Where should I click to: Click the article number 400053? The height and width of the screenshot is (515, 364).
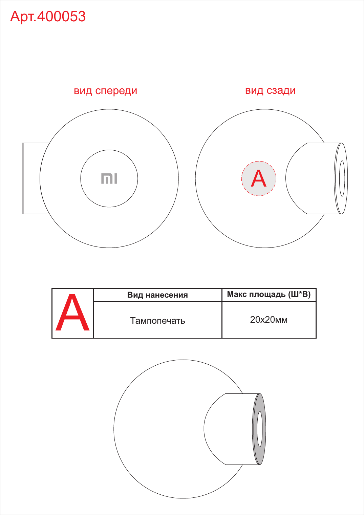click(61, 17)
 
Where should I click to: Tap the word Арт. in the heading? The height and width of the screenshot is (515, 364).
click(23, 17)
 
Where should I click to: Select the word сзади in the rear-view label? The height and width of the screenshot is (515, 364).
click(281, 91)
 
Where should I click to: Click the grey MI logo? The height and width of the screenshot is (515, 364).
click(109, 179)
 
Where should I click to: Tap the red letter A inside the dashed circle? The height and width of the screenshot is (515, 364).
click(258, 178)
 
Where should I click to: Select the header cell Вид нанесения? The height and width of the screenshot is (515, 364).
click(157, 295)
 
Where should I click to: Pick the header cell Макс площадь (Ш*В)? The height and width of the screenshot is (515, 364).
click(269, 295)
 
